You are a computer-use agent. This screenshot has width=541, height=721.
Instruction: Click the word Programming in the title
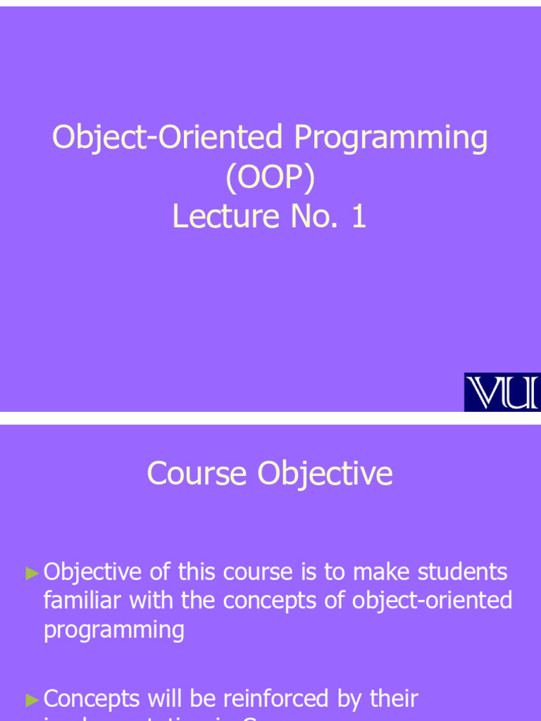pos(391,139)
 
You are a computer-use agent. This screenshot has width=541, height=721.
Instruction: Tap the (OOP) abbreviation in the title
pos(270,177)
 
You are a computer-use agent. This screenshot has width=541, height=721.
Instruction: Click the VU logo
pos(502,392)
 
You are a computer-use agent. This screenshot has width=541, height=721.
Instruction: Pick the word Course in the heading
pos(197,473)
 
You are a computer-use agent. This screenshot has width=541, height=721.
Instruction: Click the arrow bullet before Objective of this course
pos(32,573)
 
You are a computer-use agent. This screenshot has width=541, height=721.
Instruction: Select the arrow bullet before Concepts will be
pos(32,700)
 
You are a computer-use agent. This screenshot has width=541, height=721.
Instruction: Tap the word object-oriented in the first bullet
pos(432,601)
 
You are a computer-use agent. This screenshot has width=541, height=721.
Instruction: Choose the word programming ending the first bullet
pos(114,629)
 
